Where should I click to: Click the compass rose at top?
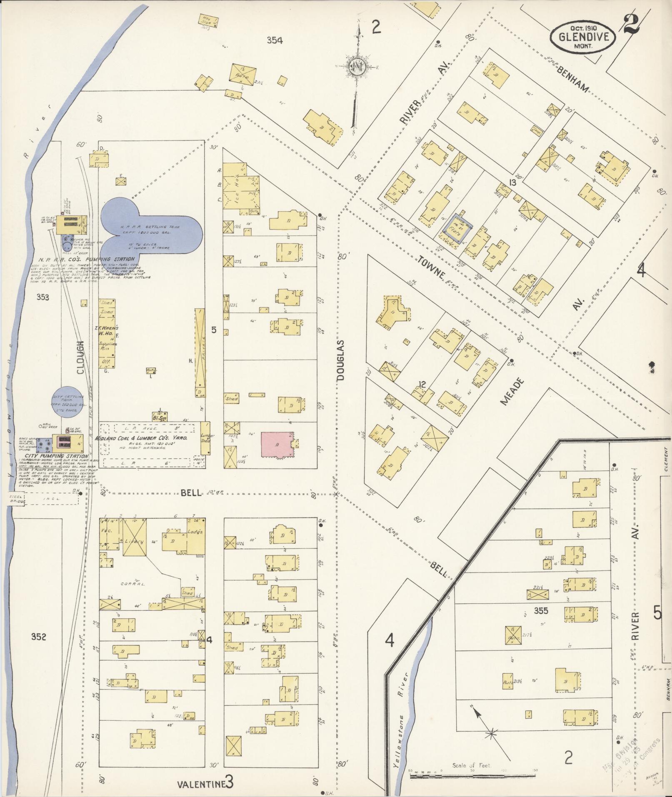point(357,67)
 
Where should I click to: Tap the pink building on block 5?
point(277,445)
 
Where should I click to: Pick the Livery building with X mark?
point(134,541)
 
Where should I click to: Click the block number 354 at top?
point(275,40)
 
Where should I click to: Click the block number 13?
point(512,182)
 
